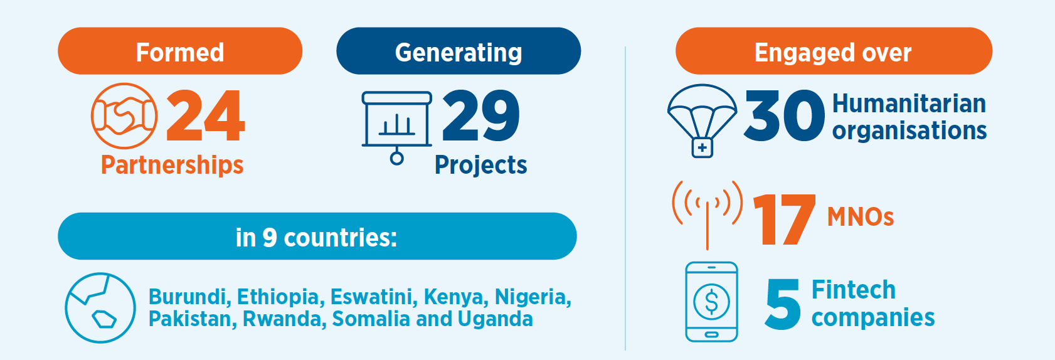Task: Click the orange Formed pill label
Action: click(x=180, y=51)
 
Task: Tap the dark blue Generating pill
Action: click(x=459, y=51)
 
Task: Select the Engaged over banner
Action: click(x=834, y=51)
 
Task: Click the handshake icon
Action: click(x=124, y=116)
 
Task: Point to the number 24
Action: click(x=206, y=116)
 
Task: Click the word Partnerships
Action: click(x=172, y=165)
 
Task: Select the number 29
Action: click(x=481, y=116)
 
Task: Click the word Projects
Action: click(x=481, y=165)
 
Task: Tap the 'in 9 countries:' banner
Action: click(x=317, y=236)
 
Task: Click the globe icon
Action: click(x=100, y=308)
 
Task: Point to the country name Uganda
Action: click(x=495, y=319)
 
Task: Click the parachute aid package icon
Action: click(x=702, y=120)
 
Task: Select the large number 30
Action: click(x=784, y=116)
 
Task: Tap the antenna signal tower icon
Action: click(x=708, y=215)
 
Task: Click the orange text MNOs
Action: click(x=861, y=217)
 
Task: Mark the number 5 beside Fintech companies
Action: click(x=783, y=304)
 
